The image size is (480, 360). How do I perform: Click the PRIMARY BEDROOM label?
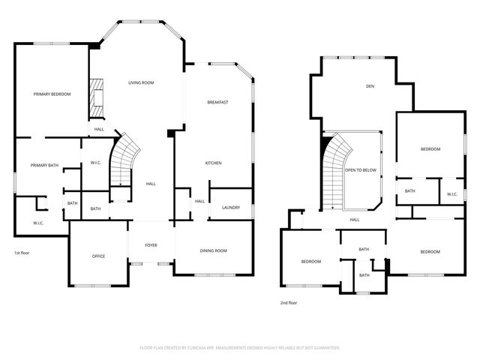52,94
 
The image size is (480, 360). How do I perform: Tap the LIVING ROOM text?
140,82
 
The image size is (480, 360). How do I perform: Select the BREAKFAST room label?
217,102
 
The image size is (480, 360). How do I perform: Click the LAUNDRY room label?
231,207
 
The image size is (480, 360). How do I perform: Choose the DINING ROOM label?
213,250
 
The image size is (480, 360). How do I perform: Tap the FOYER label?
151,244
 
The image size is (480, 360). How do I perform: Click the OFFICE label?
98,256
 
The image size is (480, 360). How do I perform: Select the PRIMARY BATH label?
43,165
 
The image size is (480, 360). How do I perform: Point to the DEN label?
370,86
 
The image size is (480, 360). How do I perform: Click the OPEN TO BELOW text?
360,170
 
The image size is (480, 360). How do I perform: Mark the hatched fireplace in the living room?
96,97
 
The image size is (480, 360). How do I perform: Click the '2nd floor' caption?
289,303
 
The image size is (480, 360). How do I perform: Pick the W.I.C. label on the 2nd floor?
451,194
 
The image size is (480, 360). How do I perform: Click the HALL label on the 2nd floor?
355,220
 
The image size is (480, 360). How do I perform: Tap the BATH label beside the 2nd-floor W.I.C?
410,191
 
